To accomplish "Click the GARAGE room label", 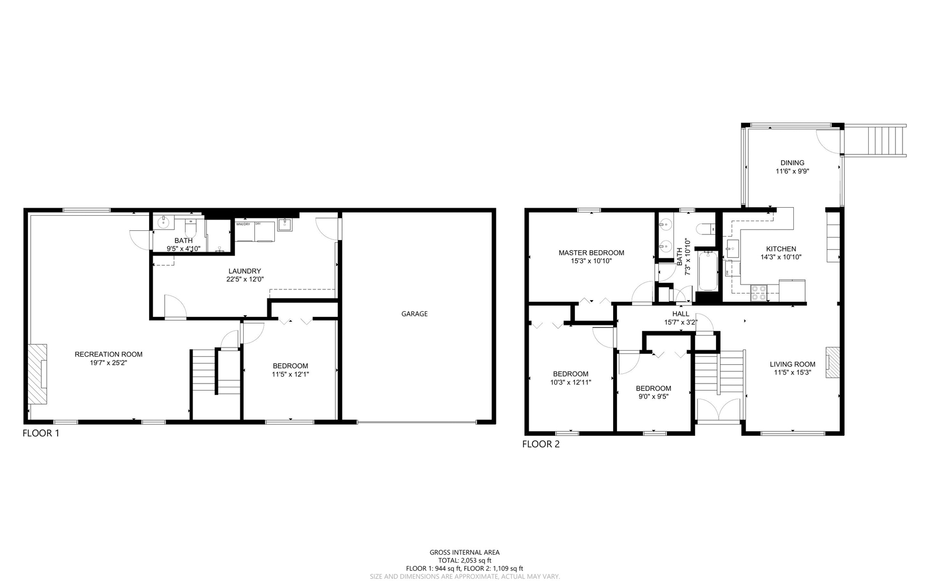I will click(414, 314).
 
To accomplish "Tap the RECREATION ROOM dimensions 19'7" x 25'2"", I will click(108, 363).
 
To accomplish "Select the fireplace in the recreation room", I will click(38, 374).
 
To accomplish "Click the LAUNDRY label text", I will click(245, 271).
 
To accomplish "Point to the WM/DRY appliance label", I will click(243, 224).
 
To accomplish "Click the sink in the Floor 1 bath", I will click(164, 222).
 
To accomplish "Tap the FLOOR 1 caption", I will click(41, 433).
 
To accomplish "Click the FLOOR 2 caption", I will click(541, 444).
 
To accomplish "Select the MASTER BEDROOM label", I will click(591, 253).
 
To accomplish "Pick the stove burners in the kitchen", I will click(758, 293).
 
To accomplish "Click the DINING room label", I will click(792, 163).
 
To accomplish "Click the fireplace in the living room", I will click(833, 362).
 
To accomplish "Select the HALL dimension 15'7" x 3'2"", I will click(680, 323).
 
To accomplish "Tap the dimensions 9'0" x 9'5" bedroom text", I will click(653, 397).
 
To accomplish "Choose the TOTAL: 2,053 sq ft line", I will click(464, 560).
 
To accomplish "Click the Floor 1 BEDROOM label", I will click(290, 366).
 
